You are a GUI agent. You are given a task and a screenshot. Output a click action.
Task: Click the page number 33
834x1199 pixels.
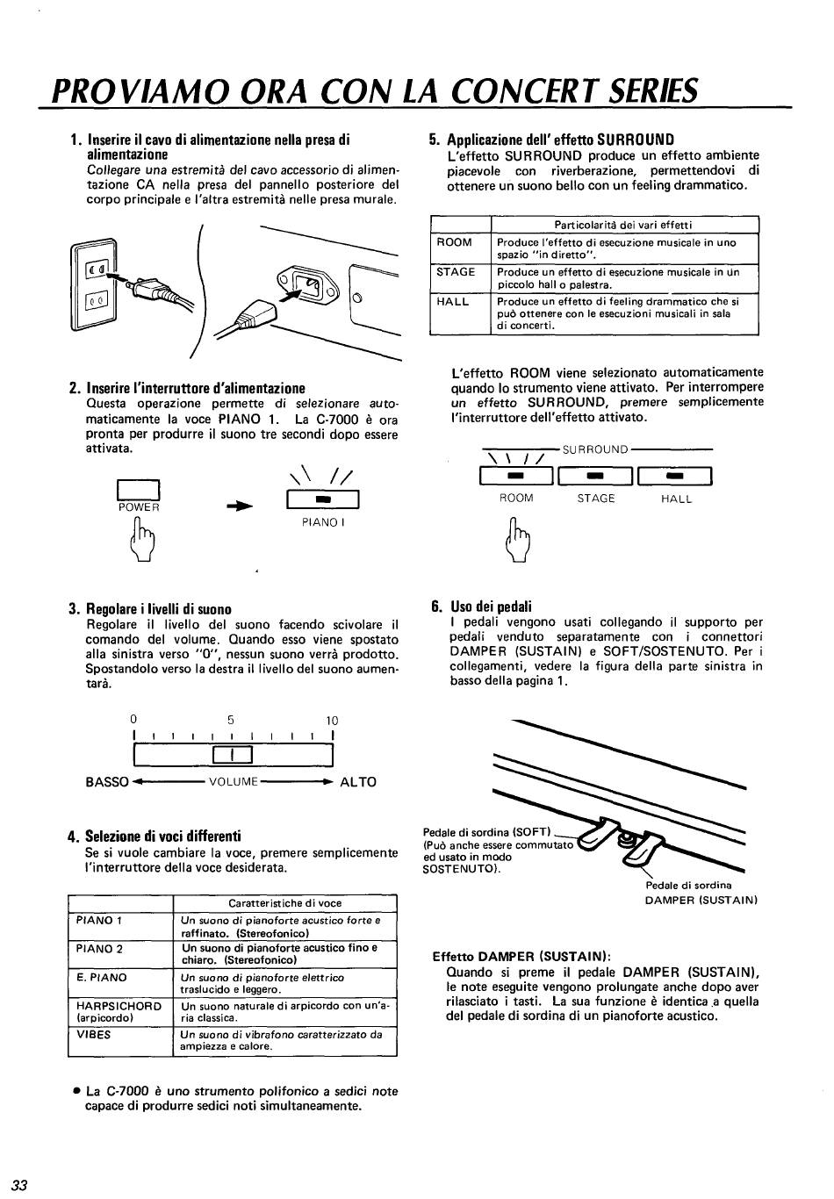(x=20, y=1184)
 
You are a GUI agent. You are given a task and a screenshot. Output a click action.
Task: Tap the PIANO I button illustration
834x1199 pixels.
(x=321, y=499)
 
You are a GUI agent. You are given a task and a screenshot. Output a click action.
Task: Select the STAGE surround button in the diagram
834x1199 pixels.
(x=595, y=477)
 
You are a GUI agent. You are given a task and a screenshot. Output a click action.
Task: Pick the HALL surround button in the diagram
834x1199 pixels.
(x=675, y=477)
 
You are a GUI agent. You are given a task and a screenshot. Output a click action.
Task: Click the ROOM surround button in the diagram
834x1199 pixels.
(x=516, y=477)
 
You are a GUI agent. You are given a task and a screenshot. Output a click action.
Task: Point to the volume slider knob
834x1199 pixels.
(x=233, y=754)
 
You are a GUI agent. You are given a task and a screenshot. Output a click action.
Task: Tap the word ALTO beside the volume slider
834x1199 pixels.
(x=358, y=782)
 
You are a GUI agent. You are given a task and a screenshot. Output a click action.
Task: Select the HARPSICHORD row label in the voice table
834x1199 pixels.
(x=119, y=1006)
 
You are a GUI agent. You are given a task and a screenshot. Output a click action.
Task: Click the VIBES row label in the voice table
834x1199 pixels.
(x=94, y=1034)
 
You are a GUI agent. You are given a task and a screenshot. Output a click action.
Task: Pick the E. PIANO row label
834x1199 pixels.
(x=102, y=977)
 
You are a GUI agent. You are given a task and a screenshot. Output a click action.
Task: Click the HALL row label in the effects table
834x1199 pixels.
(x=453, y=301)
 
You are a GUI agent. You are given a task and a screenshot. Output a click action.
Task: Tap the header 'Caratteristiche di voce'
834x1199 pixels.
(x=284, y=902)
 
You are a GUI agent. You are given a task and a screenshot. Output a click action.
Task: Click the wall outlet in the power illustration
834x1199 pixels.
(x=95, y=285)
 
